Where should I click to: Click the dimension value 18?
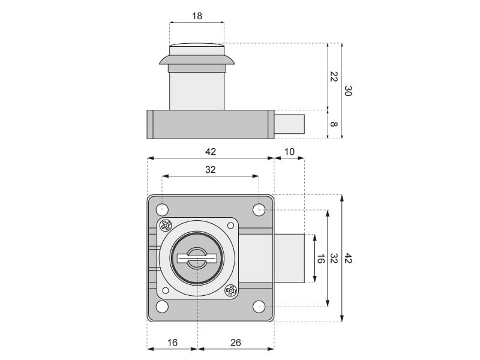click(197, 16)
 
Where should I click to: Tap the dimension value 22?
click(334, 77)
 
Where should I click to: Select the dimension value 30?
click(348, 91)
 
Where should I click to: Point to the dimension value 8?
click(334, 124)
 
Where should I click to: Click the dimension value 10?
click(289, 152)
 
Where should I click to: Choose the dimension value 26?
click(235, 343)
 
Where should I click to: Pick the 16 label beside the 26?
click(172, 343)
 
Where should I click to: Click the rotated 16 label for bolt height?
click(320, 259)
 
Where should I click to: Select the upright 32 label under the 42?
click(211, 170)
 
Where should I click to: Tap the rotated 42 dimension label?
click(348, 258)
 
